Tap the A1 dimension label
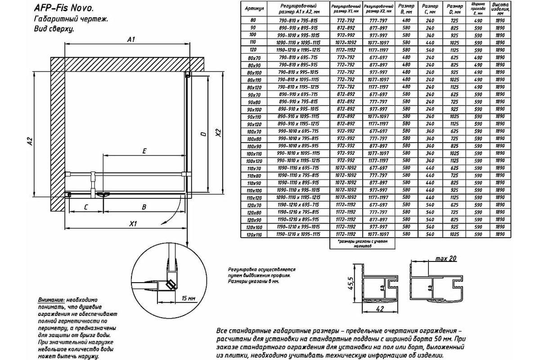click(x=131, y=40)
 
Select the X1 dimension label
click(x=133, y=224)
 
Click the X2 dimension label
click(x=219, y=134)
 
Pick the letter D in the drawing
click(x=203, y=134)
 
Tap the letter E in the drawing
click(x=144, y=152)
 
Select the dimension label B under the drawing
click(x=144, y=207)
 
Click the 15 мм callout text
click(x=189, y=298)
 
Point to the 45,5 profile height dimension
click(x=353, y=285)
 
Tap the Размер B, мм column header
click(x=407, y=9)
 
